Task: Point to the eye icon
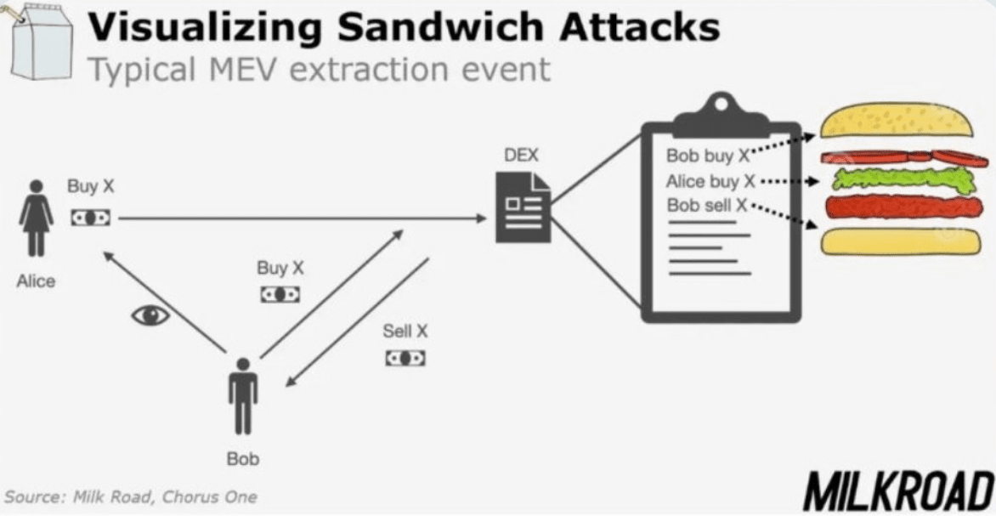150,315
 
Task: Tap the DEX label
520,156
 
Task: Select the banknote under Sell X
405,358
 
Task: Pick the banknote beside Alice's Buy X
90,218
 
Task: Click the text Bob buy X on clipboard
705,156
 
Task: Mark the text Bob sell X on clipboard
706,205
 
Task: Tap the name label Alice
36,281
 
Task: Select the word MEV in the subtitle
247,68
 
